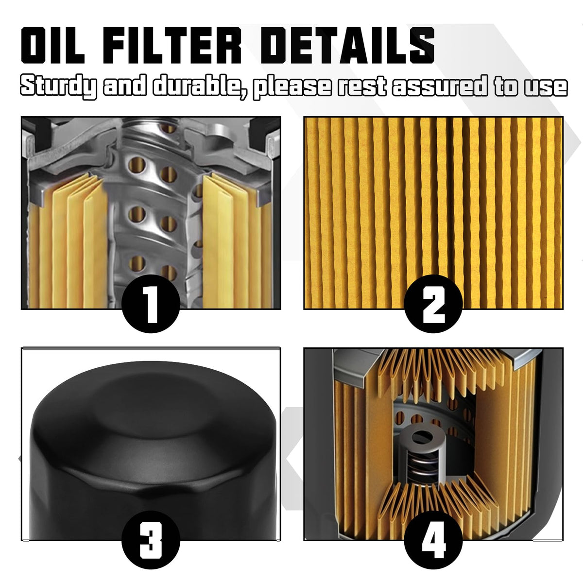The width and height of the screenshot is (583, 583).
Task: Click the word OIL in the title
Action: point(52,45)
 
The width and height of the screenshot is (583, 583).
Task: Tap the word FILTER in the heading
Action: point(172,45)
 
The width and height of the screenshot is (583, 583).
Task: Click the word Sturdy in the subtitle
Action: point(59,86)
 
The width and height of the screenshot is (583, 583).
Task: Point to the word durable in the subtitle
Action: point(201,86)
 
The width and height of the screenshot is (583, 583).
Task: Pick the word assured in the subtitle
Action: point(440,86)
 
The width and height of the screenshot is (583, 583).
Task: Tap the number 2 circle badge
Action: point(433,304)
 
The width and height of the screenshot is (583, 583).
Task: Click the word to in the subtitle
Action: point(506,86)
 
